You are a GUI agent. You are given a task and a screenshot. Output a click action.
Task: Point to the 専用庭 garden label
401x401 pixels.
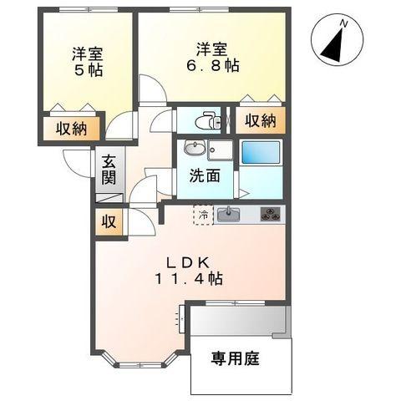coord(236,360)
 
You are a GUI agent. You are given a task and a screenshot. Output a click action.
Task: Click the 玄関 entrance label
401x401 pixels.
coord(109,170)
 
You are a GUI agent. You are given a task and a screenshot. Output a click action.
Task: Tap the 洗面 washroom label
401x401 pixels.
coord(204,176)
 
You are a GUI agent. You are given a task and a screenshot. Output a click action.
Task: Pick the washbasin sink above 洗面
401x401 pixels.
coord(195,150)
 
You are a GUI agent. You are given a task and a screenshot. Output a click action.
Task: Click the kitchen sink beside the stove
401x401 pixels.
coord(229,215)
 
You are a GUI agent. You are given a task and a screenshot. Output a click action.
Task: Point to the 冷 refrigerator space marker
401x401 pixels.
coord(203,214)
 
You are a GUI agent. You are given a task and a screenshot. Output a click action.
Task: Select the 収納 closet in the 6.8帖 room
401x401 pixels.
coord(260,120)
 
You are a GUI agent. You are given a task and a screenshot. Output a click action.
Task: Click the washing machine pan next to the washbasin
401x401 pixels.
coord(221,150)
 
